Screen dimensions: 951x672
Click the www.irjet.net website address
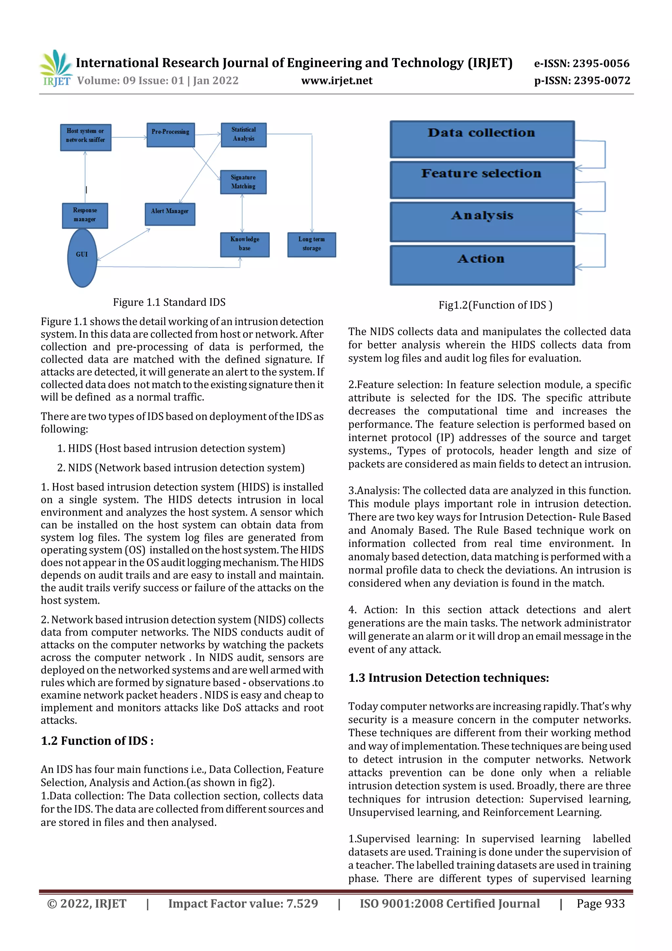coord(337,81)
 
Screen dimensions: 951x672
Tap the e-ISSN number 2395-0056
coord(581,63)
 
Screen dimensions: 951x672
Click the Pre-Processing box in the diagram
coord(171,135)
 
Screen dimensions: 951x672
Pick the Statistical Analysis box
coord(243,135)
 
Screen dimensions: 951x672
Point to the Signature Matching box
coord(243,182)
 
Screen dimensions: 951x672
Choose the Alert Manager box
coord(170,214)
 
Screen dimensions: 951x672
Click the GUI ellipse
coord(82,258)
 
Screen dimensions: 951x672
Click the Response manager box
coord(85,215)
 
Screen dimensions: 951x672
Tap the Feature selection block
coord(482,180)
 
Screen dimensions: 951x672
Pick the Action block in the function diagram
coord(482,265)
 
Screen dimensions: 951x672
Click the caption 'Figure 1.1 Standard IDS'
coord(169,302)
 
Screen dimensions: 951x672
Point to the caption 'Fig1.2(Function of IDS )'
coord(495,305)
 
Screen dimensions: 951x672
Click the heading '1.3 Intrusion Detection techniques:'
coord(449,678)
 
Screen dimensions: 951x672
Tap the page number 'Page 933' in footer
coord(600,904)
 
